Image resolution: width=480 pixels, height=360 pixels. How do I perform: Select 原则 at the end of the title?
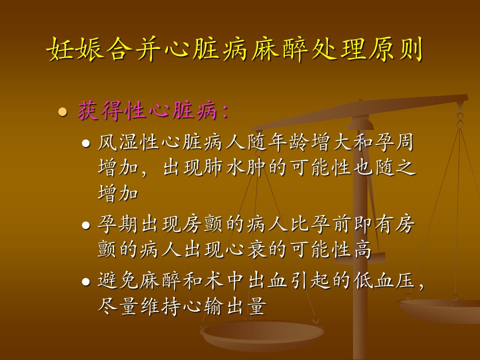(x=396, y=49)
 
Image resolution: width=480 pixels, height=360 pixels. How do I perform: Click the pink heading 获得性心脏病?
(x=147, y=110)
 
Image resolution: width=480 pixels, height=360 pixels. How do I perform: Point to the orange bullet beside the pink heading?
(x=63, y=111)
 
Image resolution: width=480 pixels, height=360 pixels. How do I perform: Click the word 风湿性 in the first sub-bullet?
(x=128, y=142)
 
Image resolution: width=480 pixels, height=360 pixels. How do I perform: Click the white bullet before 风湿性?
(x=86, y=143)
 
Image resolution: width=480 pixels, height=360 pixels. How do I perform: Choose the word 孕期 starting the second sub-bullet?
(x=118, y=224)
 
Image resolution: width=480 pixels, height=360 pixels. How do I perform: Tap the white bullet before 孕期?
(x=86, y=225)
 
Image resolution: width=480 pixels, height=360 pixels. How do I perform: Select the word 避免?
(x=118, y=280)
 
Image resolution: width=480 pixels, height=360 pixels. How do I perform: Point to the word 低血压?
(x=384, y=280)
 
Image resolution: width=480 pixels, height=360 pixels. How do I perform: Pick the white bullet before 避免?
(x=86, y=282)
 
